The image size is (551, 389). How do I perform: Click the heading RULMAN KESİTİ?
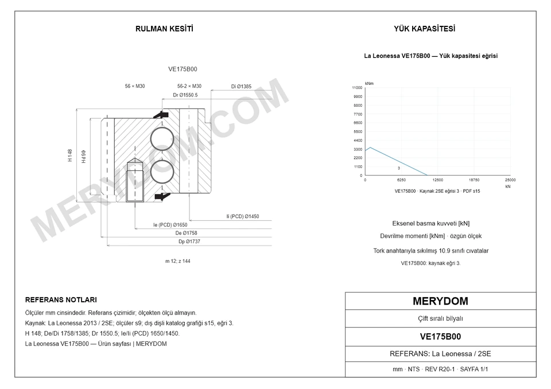(x=164, y=29)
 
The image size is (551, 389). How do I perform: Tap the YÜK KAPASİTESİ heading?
(x=424, y=29)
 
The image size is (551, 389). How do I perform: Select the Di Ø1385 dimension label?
(x=241, y=87)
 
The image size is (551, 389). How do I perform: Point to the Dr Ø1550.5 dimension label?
(x=185, y=95)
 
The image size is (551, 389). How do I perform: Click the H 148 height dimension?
(x=70, y=155)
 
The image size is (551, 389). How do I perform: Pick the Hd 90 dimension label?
(x=84, y=157)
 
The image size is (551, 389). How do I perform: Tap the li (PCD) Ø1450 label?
(x=242, y=216)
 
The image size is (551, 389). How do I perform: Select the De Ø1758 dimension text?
(x=186, y=233)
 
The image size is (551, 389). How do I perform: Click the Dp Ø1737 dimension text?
(x=189, y=242)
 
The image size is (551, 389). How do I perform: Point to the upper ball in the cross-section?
(x=162, y=139)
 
